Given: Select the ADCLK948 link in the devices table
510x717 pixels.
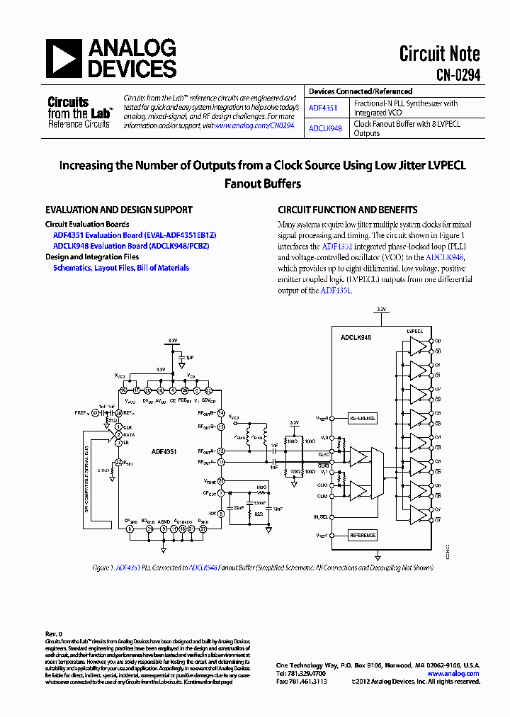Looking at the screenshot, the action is [x=325, y=128].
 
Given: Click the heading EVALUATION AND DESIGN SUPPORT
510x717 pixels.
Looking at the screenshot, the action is [x=119, y=210].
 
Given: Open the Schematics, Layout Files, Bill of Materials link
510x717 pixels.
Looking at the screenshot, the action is [x=121, y=268].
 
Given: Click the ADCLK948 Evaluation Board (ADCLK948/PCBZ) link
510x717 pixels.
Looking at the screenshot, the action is [x=131, y=246].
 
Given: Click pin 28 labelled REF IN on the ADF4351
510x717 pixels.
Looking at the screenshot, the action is [x=119, y=412].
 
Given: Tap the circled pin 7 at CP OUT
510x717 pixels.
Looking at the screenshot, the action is [x=221, y=493].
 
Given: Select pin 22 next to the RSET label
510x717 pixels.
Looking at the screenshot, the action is [x=118, y=462].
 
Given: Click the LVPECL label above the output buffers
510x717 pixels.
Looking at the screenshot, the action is [x=414, y=331].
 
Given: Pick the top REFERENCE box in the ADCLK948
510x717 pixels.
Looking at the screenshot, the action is [x=363, y=419].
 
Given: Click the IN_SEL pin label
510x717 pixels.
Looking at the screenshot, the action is [x=322, y=516].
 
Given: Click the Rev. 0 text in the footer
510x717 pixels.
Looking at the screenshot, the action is [x=55, y=633].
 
